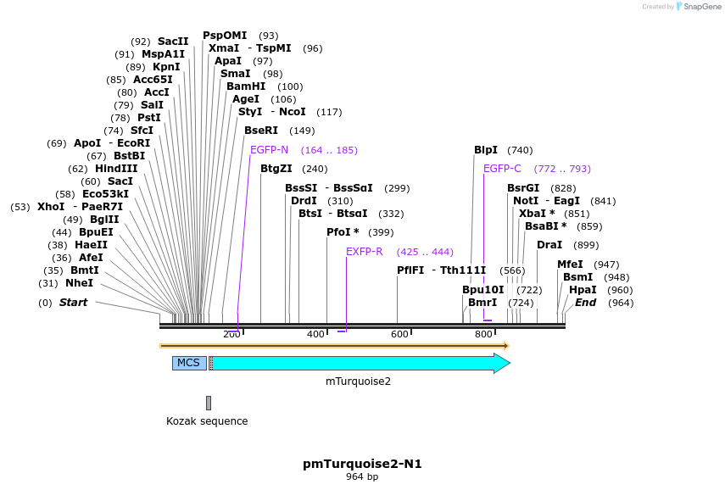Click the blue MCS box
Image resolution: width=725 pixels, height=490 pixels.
pyautogui.click(x=189, y=363)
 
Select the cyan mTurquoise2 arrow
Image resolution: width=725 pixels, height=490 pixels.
pyautogui.click(x=356, y=363)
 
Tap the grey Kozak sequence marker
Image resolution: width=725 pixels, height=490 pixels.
pyautogui.click(x=209, y=403)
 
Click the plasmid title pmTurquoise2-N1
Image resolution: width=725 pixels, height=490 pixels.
pyautogui.click(x=362, y=464)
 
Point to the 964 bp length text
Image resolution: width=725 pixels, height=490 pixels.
pyautogui.click(x=362, y=477)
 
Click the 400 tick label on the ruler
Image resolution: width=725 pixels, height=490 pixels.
pyautogui.click(x=315, y=335)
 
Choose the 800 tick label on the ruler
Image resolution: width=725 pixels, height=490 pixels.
pyautogui.click(x=483, y=335)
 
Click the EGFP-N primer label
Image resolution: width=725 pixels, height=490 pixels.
pyautogui.click(x=269, y=150)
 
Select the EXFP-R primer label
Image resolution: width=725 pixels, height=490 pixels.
pyautogui.click(x=365, y=252)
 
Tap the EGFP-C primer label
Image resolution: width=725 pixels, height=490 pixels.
pyautogui.click(x=502, y=169)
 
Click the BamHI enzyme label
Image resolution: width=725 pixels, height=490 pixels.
pyautogui.click(x=246, y=86)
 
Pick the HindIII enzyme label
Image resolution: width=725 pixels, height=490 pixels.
pyautogui.click(x=116, y=169)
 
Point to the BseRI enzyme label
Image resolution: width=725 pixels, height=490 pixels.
pyautogui.click(x=261, y=131)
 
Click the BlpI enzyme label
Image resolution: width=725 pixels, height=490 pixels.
pyautogui.click(x=486, y=150)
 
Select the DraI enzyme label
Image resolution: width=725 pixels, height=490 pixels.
pyautogui.click(x=549, y=245)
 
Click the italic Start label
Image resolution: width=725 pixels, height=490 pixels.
pyautogui.click(x=73, y=303)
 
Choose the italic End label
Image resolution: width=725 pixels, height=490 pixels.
pyautogui.click(x=585, y=303)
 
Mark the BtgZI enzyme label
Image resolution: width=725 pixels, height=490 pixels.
pyautogui.click(x=276, y=169)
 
